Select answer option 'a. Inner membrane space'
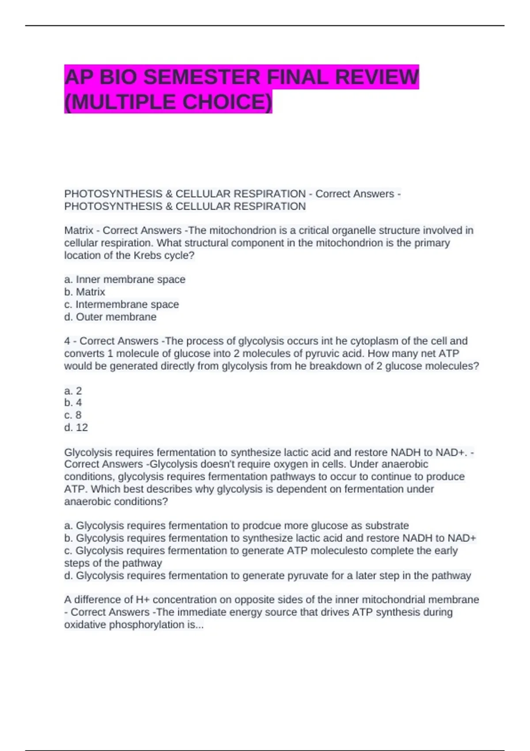pyautogui.click(x=125, y=279)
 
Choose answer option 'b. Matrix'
pyautogui.click(x=85, y=292)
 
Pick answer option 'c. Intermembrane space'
pyautogui.click(x=121, y=304)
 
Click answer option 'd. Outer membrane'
pyautogui.click(x=110, y=317)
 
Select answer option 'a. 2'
pyautogui.click(x=73, y=391)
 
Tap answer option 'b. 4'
pyautogui.click(x=73, y=402)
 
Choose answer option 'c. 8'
pyautogui.click(x=73, y=415)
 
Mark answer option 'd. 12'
pyautogui.click(x=76, y=427)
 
